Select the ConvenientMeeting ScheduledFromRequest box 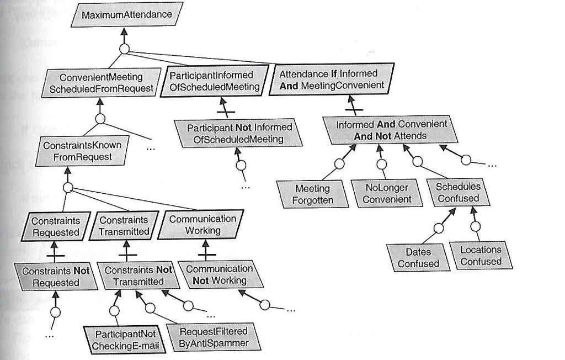tap(100, 83)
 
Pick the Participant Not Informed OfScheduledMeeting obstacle tap(239, 134)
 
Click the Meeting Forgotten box tap(313, 194)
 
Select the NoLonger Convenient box tap(387, 193)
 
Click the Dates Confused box tap(418, 258)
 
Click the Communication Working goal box tap(202, 224)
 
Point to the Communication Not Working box tap(220, 274)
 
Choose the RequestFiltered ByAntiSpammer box tap(214, 337)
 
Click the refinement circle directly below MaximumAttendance tap(125, 49)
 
